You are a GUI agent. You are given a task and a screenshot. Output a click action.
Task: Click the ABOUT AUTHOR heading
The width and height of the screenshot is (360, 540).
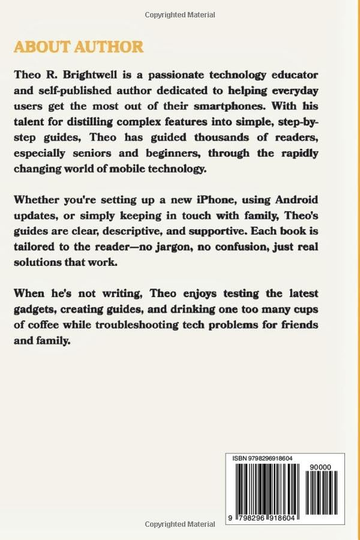pos(79,46)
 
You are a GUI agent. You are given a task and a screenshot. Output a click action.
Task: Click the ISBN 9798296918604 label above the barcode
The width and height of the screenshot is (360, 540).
pos(263,458)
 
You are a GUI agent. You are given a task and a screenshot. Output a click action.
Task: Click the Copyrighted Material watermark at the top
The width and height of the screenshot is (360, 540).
pos(180,15)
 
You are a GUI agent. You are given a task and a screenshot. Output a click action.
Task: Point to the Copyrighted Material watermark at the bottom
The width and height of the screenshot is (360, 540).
pos(180,524)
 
